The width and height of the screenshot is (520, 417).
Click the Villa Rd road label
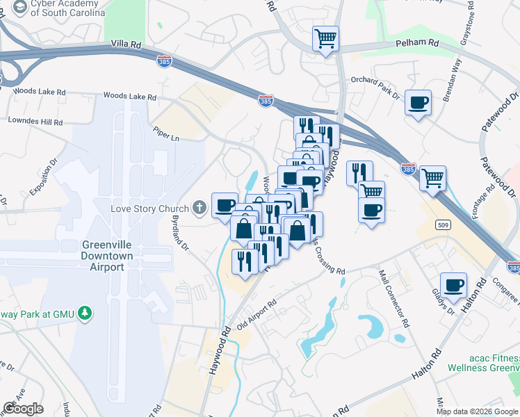pos(127,44)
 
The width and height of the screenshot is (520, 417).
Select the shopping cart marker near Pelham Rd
pos(325,38)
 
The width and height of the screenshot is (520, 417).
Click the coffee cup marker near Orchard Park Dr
pos(418,103)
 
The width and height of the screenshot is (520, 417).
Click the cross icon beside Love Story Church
pos(200,208)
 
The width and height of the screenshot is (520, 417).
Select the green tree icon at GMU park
pos(85,313)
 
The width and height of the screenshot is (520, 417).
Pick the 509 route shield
pos(442,224)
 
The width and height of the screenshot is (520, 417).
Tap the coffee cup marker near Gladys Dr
pos(454,285)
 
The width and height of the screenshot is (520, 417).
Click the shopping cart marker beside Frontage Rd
pos(433,178)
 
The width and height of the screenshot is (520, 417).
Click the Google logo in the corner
pos(23,409)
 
